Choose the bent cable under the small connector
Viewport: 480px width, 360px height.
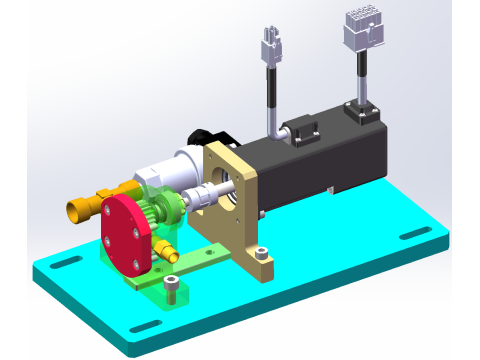click(x=272, y=100)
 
